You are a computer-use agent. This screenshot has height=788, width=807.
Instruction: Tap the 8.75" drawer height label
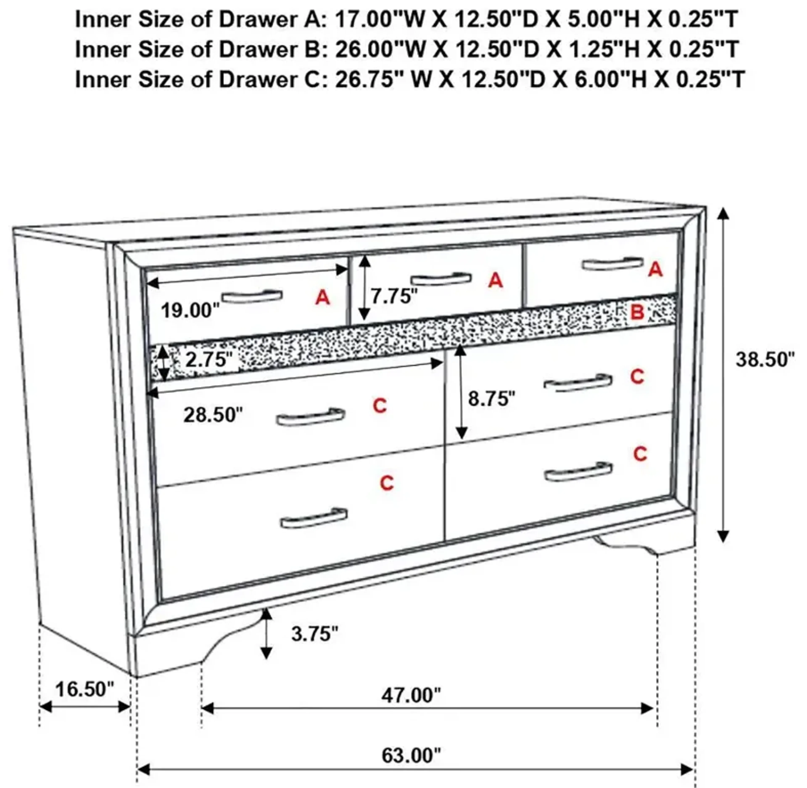point(492,399)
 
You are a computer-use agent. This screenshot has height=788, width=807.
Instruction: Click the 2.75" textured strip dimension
point(206,359)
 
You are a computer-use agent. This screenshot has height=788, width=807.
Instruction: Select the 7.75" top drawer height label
point(394,296)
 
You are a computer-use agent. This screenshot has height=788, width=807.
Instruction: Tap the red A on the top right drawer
point(655,270)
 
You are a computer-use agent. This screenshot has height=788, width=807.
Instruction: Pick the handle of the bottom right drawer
point(578,472)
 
